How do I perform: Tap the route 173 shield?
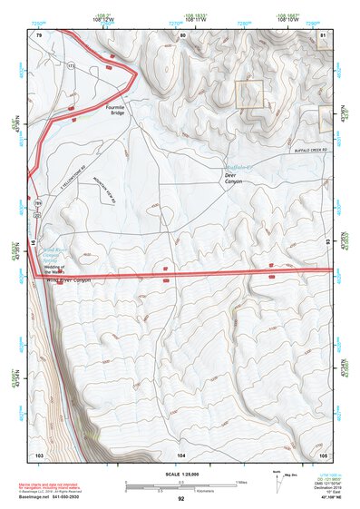70,68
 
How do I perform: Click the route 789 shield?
38,202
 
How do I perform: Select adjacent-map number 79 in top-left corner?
39,34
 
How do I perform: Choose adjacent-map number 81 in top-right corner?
323,34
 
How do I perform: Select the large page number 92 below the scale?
180,498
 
